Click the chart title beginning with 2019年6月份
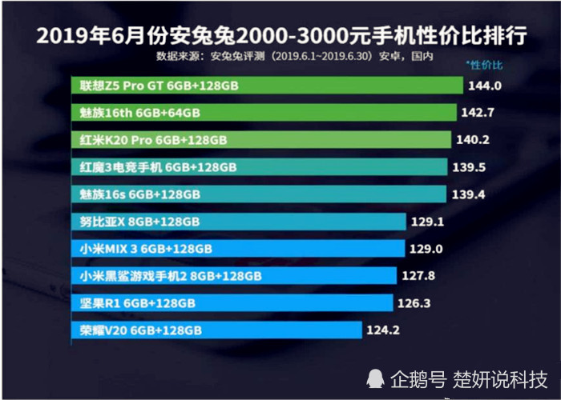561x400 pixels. (280, 36)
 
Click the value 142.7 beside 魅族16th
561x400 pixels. (482, 113)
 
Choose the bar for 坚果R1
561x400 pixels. (232, 303)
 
